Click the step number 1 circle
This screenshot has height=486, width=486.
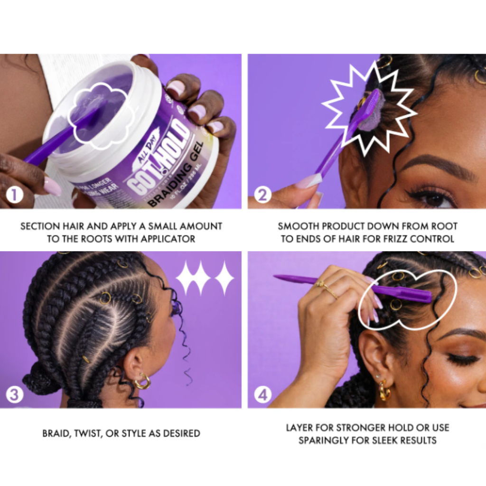pyautogui.click(x=14, y=195)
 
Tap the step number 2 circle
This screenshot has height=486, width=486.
pyautogui.click(x=262, y=195)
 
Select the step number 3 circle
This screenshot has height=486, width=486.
pyautogui.click(x=14, y=394)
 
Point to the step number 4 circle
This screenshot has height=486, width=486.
pyautogui.click(x=262, y=394)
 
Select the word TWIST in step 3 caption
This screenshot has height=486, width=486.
pyautogui.click(x=91, y=433)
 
